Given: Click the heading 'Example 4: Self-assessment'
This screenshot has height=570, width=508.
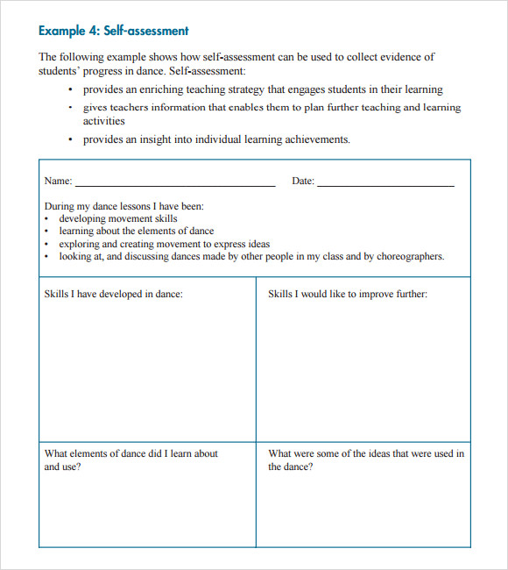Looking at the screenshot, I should tap(113, 31).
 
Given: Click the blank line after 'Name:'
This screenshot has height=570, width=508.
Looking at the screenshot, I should tap(175, 183).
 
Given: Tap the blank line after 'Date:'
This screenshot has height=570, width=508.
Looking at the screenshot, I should tap(385, 183).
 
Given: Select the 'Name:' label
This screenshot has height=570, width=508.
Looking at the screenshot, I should tap(58, 182).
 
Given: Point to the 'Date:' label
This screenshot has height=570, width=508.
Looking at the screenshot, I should tap(303, 182).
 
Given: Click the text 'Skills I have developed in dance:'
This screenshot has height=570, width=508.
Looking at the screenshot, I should tap(114, 295).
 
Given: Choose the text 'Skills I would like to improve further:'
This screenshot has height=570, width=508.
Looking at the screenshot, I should tap(348, 295).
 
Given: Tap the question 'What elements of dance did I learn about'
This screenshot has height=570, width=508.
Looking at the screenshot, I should tap(131, 454).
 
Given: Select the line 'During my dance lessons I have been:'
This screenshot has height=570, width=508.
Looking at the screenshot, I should tap(124, 207).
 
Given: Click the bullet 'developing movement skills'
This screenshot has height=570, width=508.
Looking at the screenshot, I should tap(118, 219).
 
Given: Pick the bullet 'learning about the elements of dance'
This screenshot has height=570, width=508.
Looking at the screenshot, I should tap(137, 232).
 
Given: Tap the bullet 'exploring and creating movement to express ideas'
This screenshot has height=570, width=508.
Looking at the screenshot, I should tap(165, 245).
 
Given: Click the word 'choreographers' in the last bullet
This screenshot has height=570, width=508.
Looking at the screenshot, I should tap(411, 257).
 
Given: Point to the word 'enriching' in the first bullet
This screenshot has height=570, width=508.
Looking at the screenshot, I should tap(172, 89).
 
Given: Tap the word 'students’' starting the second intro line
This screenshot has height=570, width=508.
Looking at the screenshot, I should tap(60, 71).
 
